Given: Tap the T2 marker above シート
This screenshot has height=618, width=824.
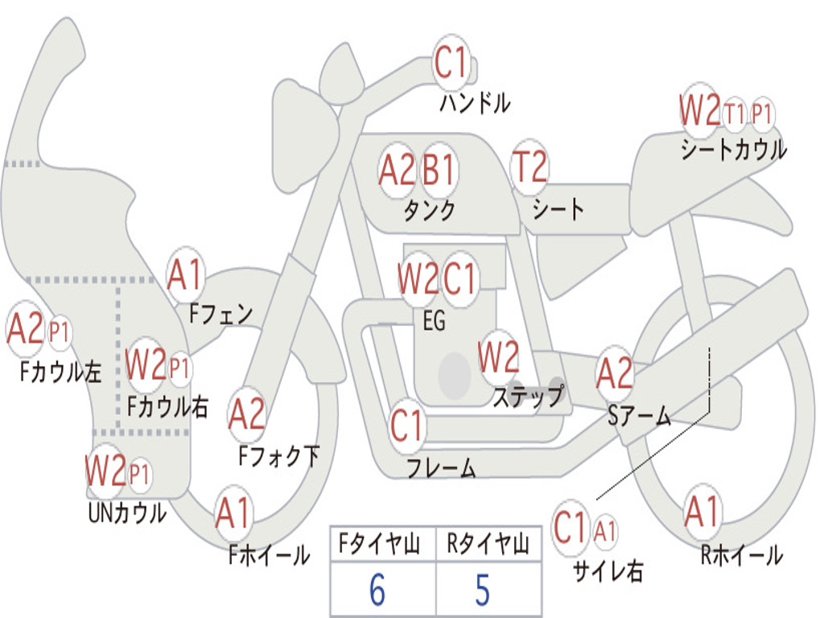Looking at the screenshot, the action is tap(529, 167).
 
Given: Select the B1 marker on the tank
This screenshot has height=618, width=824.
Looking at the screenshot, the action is tap(439, 171).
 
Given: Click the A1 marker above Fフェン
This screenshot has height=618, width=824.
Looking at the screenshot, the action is tap(185, 275).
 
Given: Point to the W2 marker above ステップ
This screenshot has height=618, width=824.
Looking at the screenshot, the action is tap(499, 356).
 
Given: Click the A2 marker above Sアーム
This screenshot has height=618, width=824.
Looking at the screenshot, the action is tap(614, 373).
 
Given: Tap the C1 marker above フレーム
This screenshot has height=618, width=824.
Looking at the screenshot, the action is tap(406, 425).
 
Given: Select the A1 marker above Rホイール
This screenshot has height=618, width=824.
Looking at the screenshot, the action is tap(702, 513).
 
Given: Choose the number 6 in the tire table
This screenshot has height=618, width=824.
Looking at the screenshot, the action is tap(377, 590).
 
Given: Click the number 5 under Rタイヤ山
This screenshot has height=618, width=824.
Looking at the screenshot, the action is tap(483, 590).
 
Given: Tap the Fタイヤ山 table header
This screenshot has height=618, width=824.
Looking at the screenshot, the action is tap(379, 544).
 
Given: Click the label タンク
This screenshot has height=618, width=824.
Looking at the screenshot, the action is tap(430, 210).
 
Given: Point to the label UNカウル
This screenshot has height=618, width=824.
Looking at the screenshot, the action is tap(127, 513).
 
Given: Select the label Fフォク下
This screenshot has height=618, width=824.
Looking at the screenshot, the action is tap(279, 456).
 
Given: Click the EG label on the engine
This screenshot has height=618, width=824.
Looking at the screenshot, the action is tap(434, 320).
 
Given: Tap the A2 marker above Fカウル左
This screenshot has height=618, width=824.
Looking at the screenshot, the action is tap(25, 329).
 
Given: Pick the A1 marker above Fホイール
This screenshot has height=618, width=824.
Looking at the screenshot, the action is tap(233, 513).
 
